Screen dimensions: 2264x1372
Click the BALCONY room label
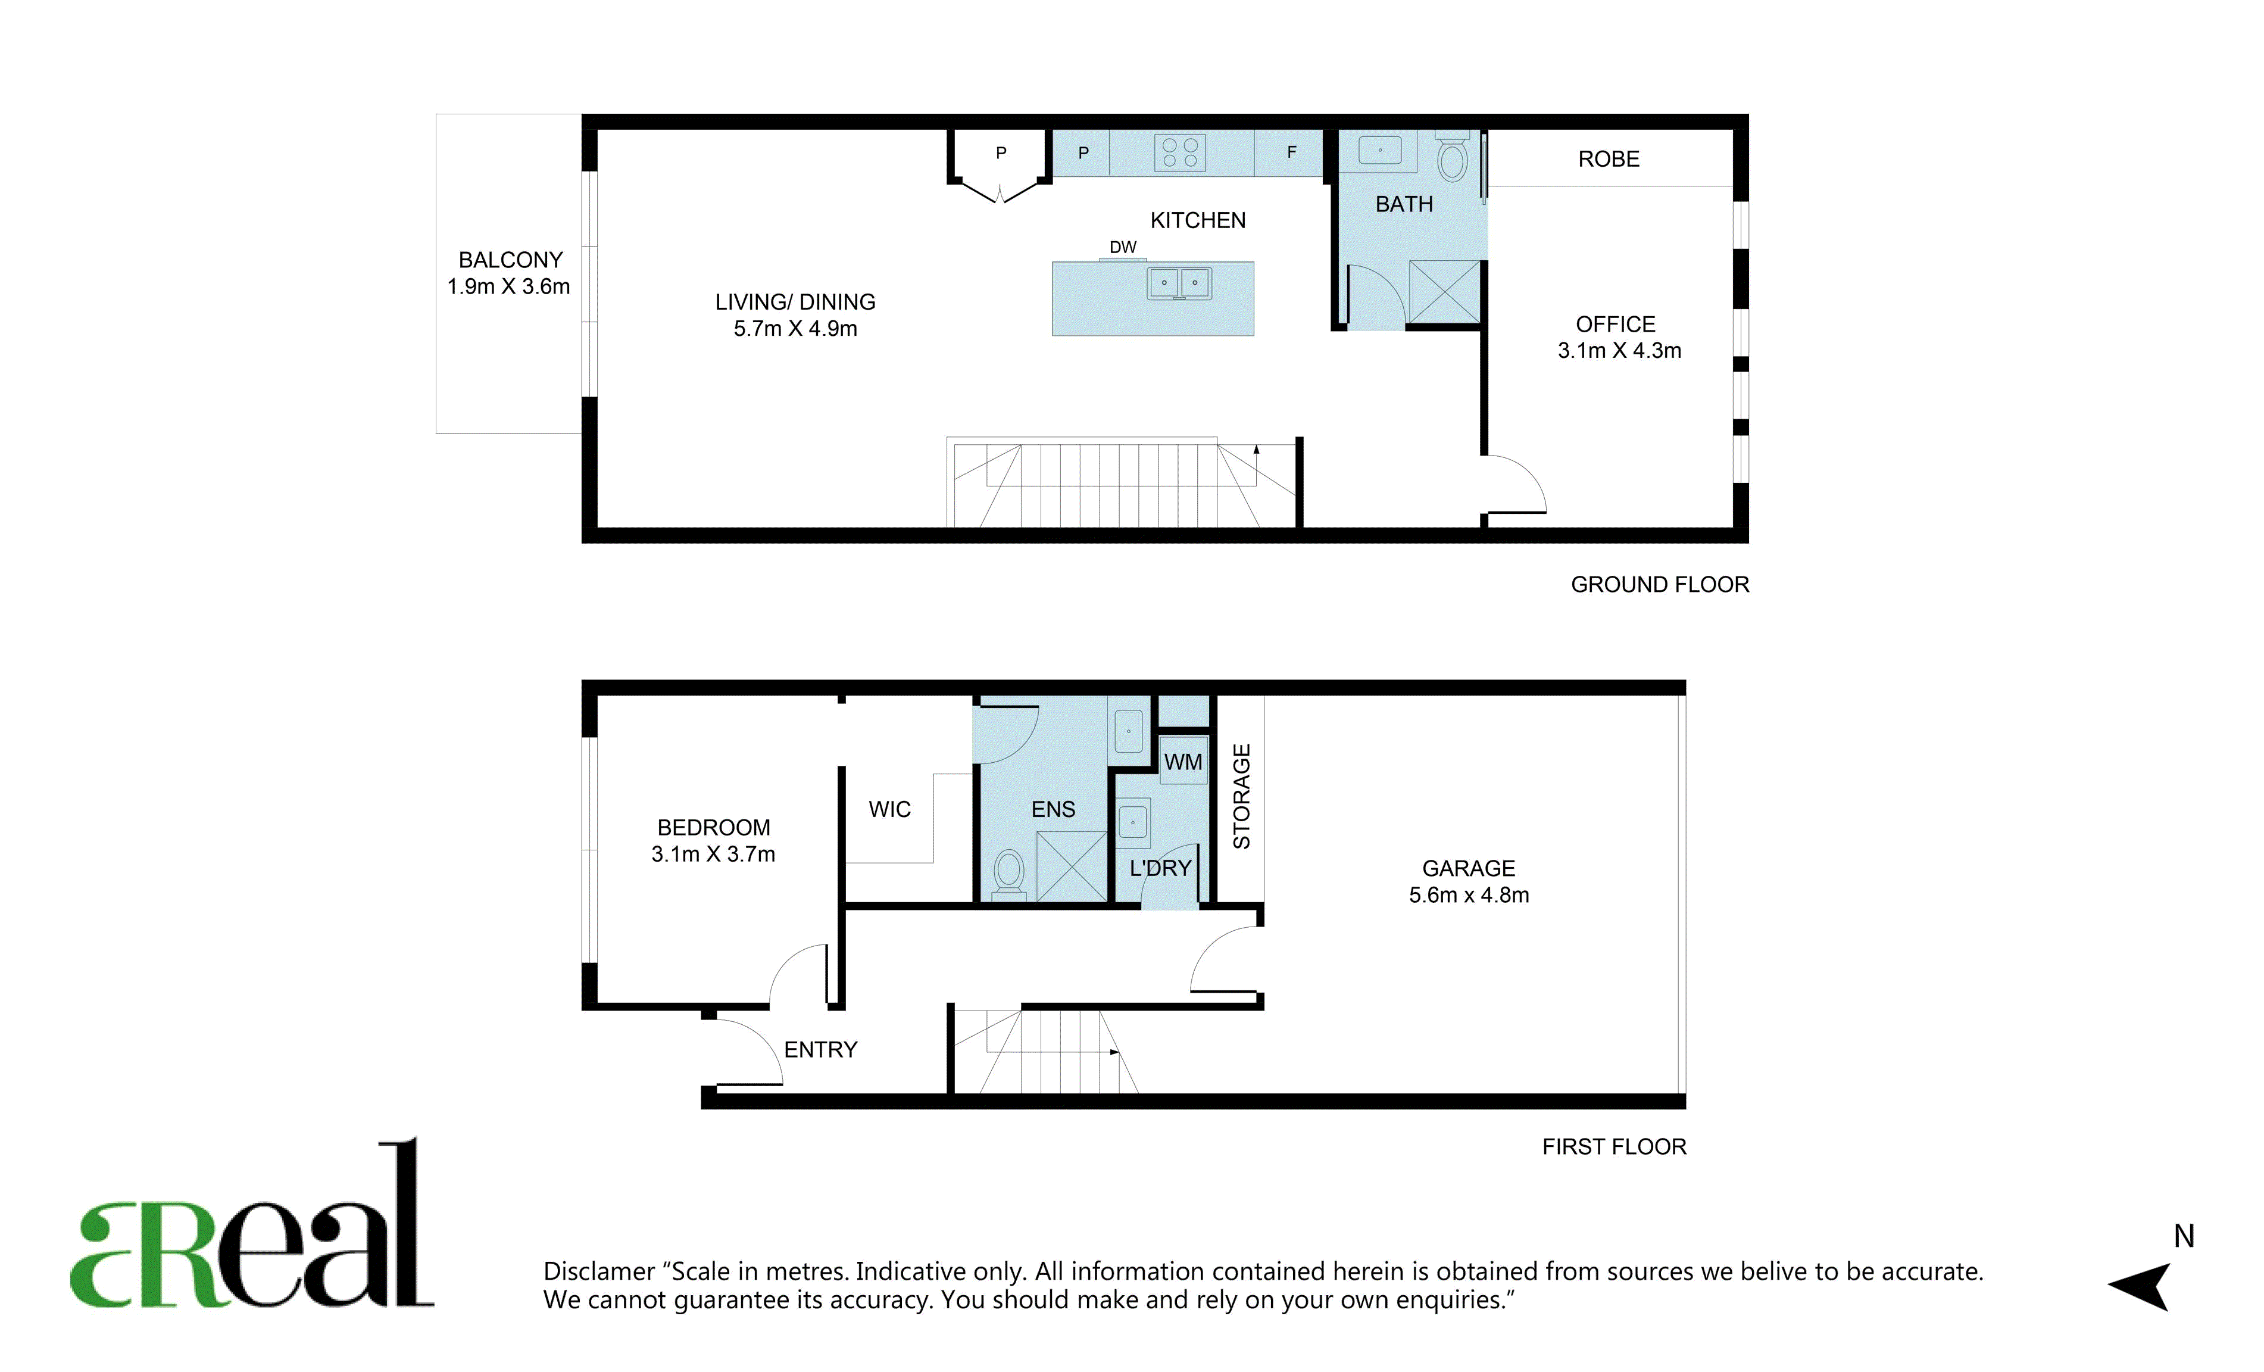pyautogui.click(x=510, y=260)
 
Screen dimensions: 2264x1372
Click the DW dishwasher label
pyautogui.click(x=1123, y=247)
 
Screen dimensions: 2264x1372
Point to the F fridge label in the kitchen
pyautogui.click(x=1291, y=152)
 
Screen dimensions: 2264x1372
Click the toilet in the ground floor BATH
pyautogui.click(x=1452, y=157)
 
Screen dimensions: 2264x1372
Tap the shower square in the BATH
pyautogui.click(x=1444, y=291)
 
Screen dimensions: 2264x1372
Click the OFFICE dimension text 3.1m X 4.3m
pyautogui.click(x=1619, y=350)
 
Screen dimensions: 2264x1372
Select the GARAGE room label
pyautogui.click(x=1468, y=868)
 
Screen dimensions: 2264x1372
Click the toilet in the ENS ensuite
pyautogui.click(x=1009, y=874)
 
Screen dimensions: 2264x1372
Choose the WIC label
pyautogui.click(x=889, y=810)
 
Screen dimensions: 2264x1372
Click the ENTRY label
pyautogui.click(x=820, y=1049)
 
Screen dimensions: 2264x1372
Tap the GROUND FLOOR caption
pyautogui.click(x=1659, y=584)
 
